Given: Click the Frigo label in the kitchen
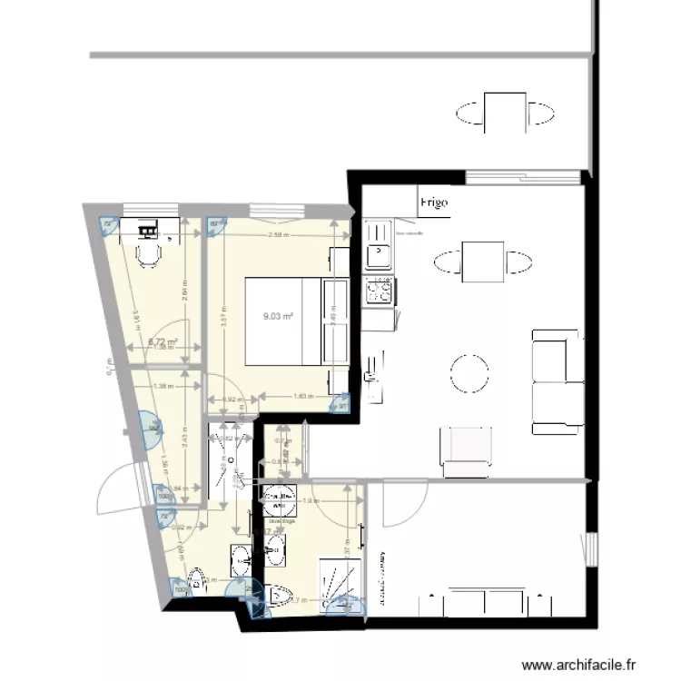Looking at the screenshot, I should pyautogui.click(x=432, y=203).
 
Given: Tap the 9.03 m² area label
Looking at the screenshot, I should pyautogui.click(x=278, y=317).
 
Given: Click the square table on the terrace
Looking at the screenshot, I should pyautogui.click(x=505, y=113).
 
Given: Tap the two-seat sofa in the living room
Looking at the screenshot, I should pyautogui.click(x=557, y=381).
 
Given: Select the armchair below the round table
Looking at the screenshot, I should pyautogui.click(x=466, y=450).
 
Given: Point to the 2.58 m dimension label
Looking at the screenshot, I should pyautogui.click(x=279, y=235).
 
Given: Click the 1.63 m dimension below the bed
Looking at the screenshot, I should pyautogui.click(x=303, y=396).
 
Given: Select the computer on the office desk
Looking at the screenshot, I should pyautogui.click(x=147, y=227).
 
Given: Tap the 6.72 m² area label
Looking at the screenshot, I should pyautogui.click(x=162, y=342).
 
